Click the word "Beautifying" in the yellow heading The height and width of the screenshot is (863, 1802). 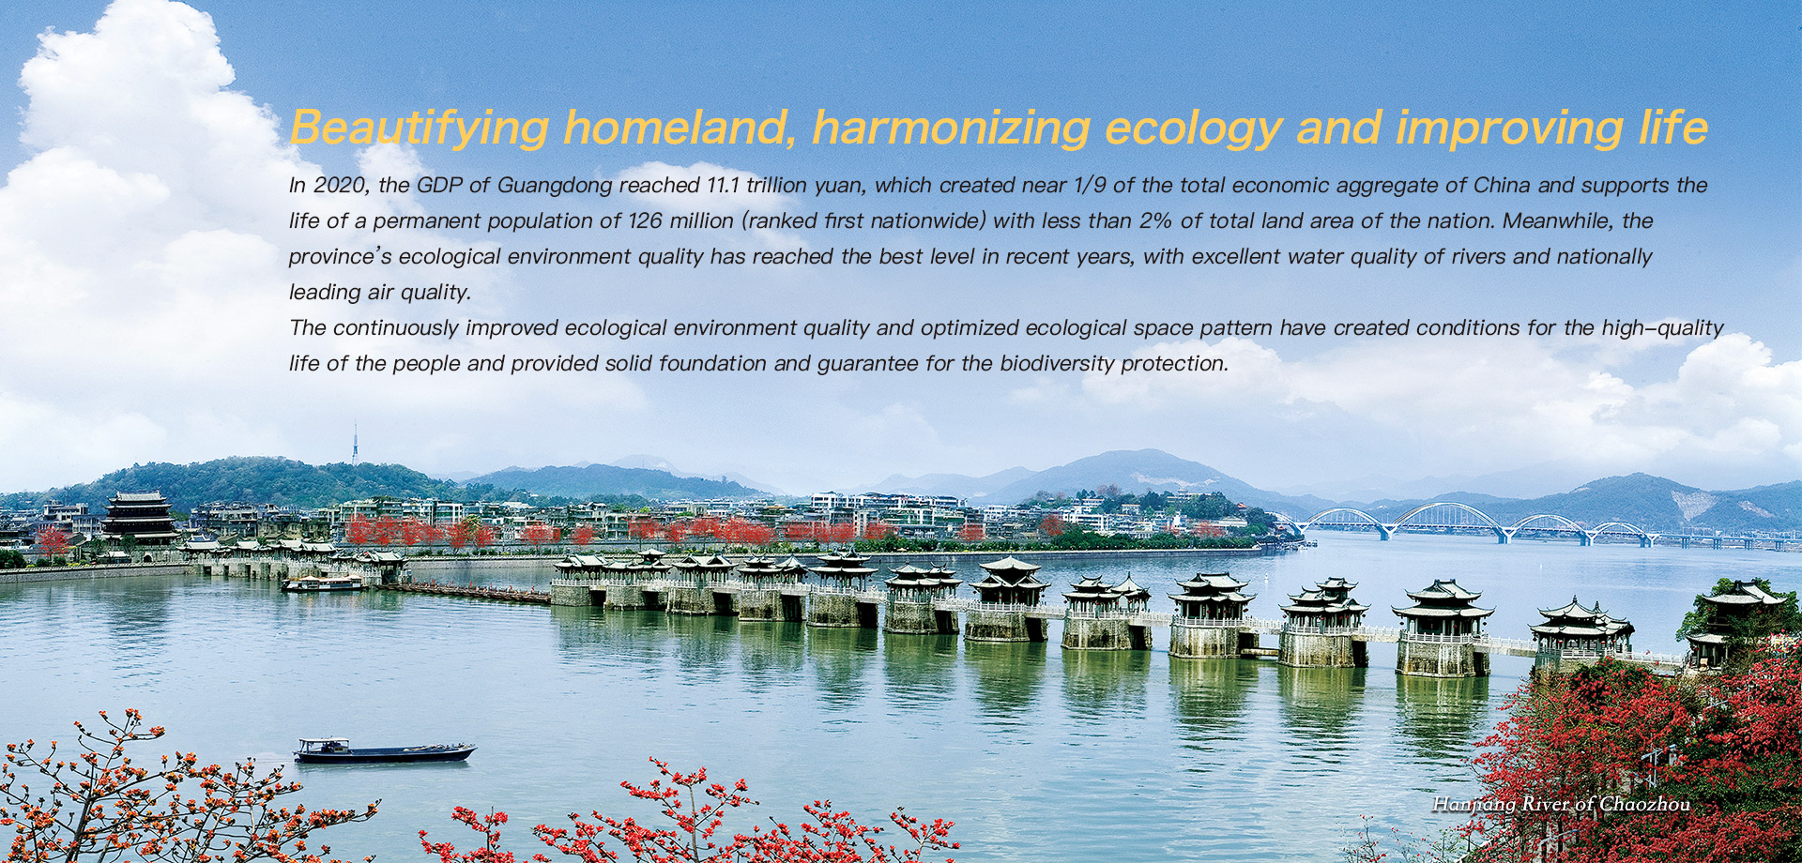pos(420,128)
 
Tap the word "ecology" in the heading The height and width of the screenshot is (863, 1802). pos(1194,128)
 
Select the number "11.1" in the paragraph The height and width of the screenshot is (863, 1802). pos(723,185)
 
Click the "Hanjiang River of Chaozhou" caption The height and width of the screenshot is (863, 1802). pos(1561,804)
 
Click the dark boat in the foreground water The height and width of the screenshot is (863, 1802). pos(385,749)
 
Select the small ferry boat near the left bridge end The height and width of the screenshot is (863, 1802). pos(324,583)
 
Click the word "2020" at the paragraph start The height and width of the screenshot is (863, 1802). pos(338,185)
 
